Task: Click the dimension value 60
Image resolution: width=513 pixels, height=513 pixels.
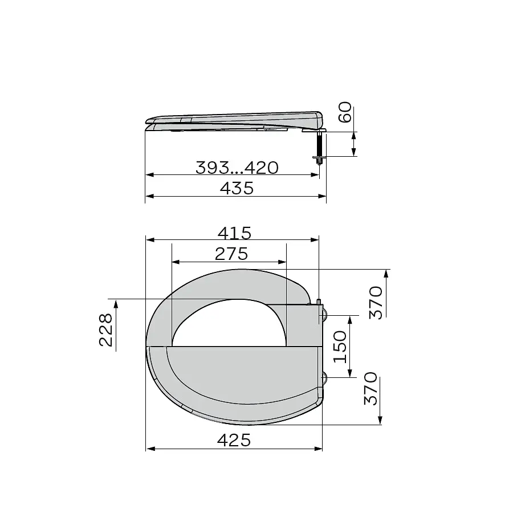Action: click(x=344, y=112)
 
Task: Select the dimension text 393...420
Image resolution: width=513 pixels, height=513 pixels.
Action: click(x=237, y=168)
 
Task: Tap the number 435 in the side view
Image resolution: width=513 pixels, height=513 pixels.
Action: click(x=237, y=189)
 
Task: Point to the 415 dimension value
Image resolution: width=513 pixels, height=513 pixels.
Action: click(x=235, y=233)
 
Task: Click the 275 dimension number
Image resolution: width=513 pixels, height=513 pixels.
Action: click(x=231, y=254)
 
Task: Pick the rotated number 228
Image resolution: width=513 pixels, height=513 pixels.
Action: click(x=106, y=330)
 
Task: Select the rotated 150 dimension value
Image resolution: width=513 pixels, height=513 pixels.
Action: click(x=340, y=347)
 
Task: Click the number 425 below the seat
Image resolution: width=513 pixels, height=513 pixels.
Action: click(x=234, y=441)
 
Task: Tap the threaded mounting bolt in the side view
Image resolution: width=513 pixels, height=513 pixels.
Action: click(x=320, y=147)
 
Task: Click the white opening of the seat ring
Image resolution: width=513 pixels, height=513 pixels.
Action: click(x=229, y=327)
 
